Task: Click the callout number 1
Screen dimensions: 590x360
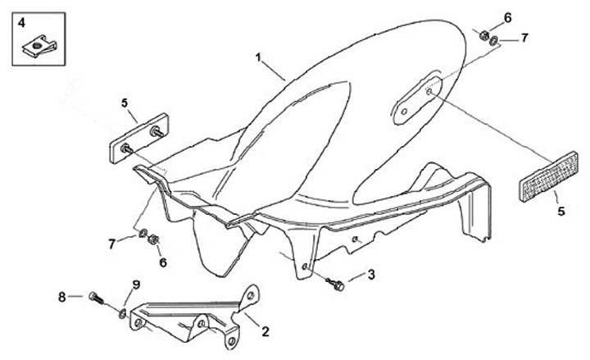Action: [x=258, y=58]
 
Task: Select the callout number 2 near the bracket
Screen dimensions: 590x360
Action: [x=265, y=331]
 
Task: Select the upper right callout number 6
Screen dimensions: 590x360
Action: [x=507, y=17]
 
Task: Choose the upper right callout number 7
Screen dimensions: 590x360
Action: [x=525, y=37]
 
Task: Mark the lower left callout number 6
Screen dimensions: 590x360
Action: [x=162, y=262]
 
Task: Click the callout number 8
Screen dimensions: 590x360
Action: [x=61, y=295]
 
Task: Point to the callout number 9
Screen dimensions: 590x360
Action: [x=136, y=285]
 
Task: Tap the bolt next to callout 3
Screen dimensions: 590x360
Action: [x=334, y=283]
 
